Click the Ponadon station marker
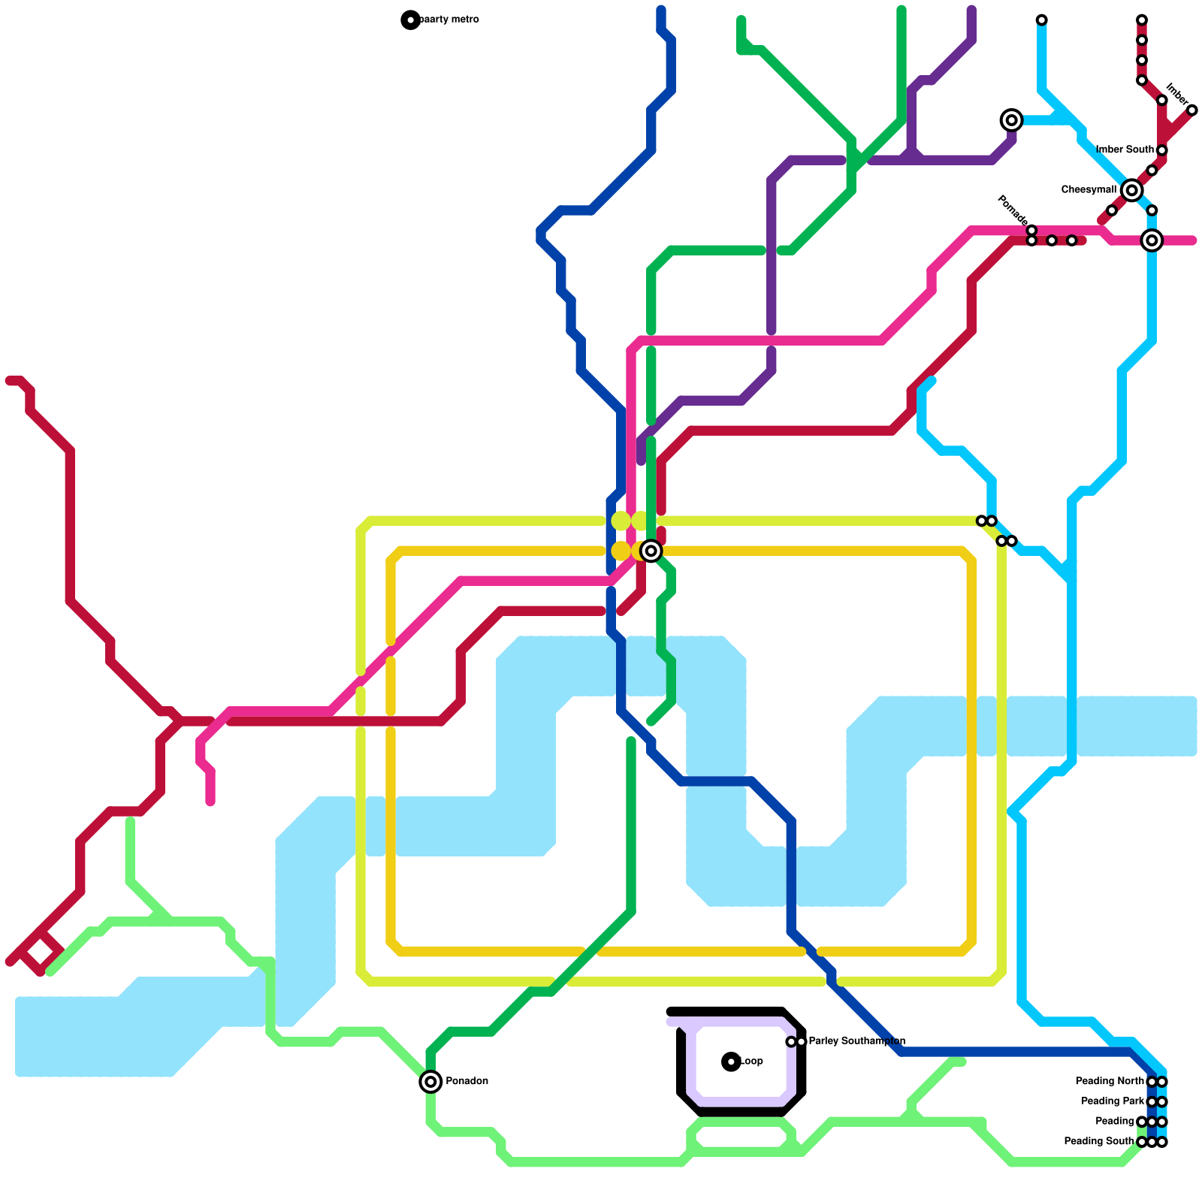(430, 1082)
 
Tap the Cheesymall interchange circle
(1132, 190)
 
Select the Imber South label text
(1125, 150)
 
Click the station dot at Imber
(1192, 110)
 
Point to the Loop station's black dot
(731, 1062)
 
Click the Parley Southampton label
(856, 1041)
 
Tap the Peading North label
(1110, 1082)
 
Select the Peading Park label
(1113, 1101)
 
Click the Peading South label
(1099, 1142)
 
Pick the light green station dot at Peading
(1142, 1122)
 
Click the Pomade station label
(1012, 210)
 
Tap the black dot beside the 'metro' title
(410, 20)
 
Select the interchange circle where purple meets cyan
(1012, 120)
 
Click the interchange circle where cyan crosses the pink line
(1152, 240)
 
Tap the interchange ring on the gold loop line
(651, 551)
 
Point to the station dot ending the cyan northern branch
(1042, 20)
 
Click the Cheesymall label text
(1089, 190)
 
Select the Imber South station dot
(1162, 150)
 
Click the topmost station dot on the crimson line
(1142, 20)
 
